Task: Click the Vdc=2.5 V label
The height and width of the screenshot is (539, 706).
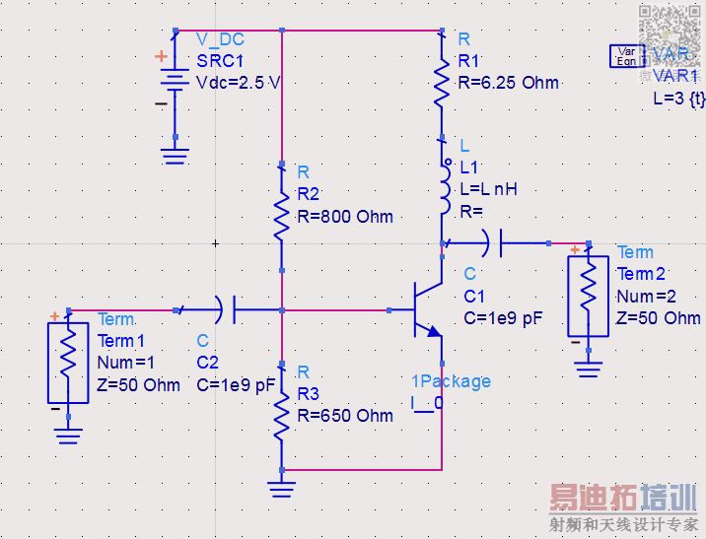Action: tap(239, 83)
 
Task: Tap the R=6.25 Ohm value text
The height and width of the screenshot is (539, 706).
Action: tap(509, 83)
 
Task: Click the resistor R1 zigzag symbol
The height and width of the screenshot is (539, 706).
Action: tap(441, 81)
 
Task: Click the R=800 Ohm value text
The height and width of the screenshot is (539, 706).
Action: tap(345, 217)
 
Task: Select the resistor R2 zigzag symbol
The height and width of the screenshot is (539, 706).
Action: tap(282, 215)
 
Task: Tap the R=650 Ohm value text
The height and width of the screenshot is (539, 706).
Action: tap(346, 415)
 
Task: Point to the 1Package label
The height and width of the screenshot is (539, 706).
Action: tap(451, 381)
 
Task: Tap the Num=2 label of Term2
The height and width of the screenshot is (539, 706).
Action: tap(649, 297)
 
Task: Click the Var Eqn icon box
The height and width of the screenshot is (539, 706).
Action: tap(626, 55)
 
